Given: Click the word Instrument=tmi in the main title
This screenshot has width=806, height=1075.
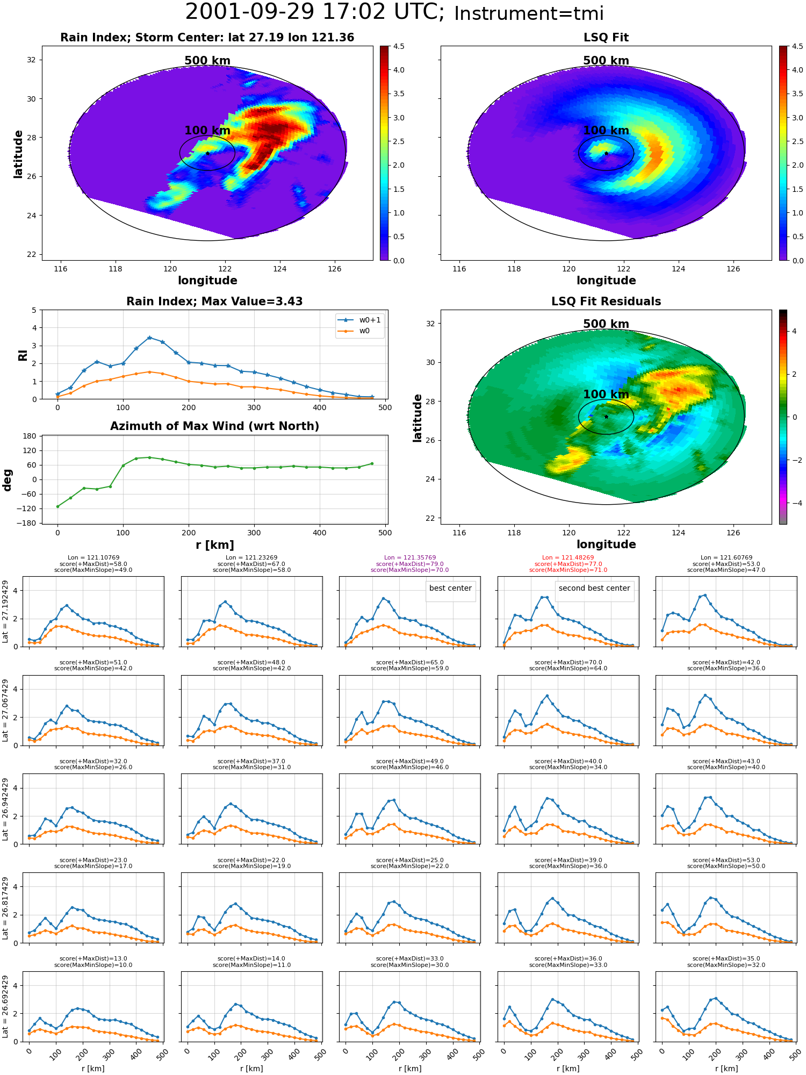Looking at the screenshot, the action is tap(529, 14).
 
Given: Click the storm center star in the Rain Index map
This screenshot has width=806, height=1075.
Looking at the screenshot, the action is tap(207, 153).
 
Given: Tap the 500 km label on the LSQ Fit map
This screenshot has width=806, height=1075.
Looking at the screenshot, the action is tap(606, 61).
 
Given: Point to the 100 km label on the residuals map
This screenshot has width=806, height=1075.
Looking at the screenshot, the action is tap(606, 395).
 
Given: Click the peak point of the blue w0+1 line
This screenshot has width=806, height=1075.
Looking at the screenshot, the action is tap(149, 338).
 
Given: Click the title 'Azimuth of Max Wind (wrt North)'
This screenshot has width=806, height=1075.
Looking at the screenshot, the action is tap(214, 426).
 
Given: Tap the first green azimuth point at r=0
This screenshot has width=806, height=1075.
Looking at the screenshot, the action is tap(57, 506).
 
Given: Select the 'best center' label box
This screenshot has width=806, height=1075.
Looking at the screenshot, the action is tap(450, 588).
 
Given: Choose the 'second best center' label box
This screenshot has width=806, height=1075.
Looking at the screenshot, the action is tap(594, 588).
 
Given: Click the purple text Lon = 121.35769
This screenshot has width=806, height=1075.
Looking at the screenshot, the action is tap(410, 558).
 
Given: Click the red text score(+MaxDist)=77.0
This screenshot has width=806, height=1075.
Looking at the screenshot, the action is tap(568, 564).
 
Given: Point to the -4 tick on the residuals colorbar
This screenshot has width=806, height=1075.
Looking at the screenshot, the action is tap(795, 503).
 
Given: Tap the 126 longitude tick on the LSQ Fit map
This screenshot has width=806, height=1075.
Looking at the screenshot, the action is tap(733, 269).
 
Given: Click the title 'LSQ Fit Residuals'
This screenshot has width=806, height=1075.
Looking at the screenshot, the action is tap(606, 302).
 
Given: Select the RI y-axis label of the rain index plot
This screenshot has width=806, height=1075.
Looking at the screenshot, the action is tap(23, 355).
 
